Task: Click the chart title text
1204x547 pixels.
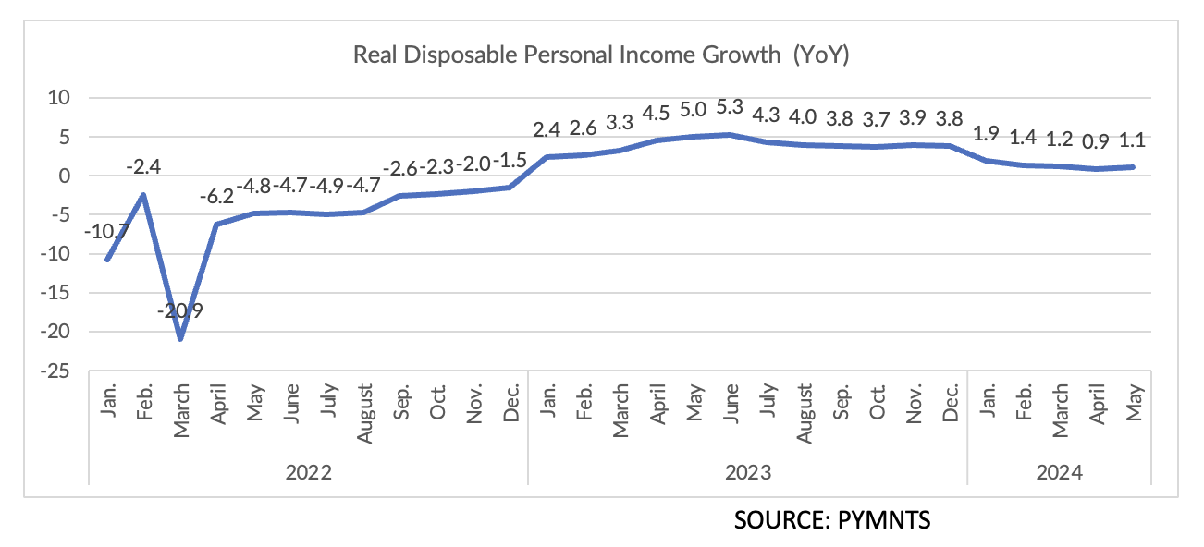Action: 601,55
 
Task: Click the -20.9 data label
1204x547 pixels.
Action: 180,310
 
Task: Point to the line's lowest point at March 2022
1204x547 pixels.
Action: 180,338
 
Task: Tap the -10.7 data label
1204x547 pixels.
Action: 105,231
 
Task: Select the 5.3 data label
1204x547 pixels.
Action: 730,108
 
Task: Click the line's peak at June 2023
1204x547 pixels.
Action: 730,134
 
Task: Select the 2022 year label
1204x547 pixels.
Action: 308,472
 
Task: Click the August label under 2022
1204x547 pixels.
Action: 364,413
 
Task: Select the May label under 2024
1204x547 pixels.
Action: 1133,404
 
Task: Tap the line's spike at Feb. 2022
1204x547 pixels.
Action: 143,194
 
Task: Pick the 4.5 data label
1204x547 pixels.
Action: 657,113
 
